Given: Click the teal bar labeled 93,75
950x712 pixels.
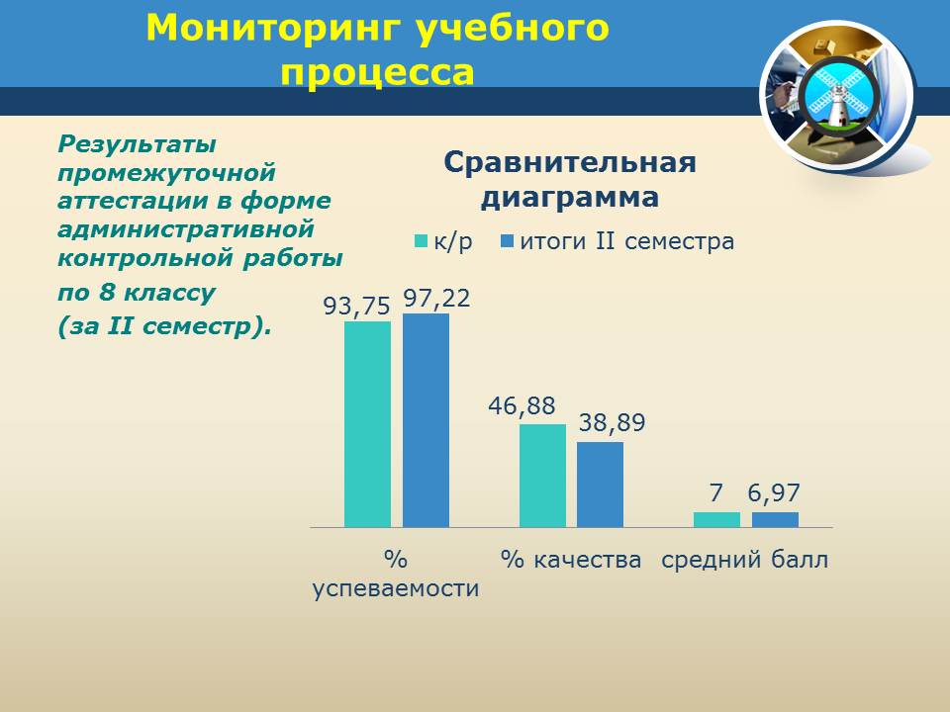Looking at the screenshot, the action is tap(368, 424).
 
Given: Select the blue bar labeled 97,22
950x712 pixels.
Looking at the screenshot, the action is tap(426, 420).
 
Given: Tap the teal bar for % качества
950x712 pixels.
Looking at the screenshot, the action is tap(543, 476).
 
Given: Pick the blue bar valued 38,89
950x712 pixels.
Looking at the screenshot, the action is tap(600, 485).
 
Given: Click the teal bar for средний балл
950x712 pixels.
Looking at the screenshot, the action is tap(716, 520).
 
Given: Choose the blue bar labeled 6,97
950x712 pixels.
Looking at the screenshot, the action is tap(776, 520).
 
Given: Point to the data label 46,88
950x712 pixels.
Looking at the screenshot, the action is tap(522, 406).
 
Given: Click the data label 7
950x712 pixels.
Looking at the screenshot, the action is tap(716, 493).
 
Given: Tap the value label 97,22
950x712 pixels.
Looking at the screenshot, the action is tap(436, 299).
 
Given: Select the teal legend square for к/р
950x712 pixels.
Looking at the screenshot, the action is tap(422, 241).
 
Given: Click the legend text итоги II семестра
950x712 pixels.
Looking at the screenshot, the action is tap(627, 241).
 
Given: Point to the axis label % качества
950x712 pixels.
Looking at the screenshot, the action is tap(571, 560).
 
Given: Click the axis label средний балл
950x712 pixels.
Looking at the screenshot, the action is tap(744, 560).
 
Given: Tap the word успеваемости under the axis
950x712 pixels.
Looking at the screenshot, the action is tap(396, 588).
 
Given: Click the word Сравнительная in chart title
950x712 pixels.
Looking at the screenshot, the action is tap(570, 163).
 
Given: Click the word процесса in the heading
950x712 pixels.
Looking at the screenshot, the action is tap(377, 73).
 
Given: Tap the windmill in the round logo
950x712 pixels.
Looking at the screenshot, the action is tap(838, 97).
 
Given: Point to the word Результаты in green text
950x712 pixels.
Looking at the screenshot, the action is tap(137, 145).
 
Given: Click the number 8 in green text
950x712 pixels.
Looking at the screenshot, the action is tap(107, 293).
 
